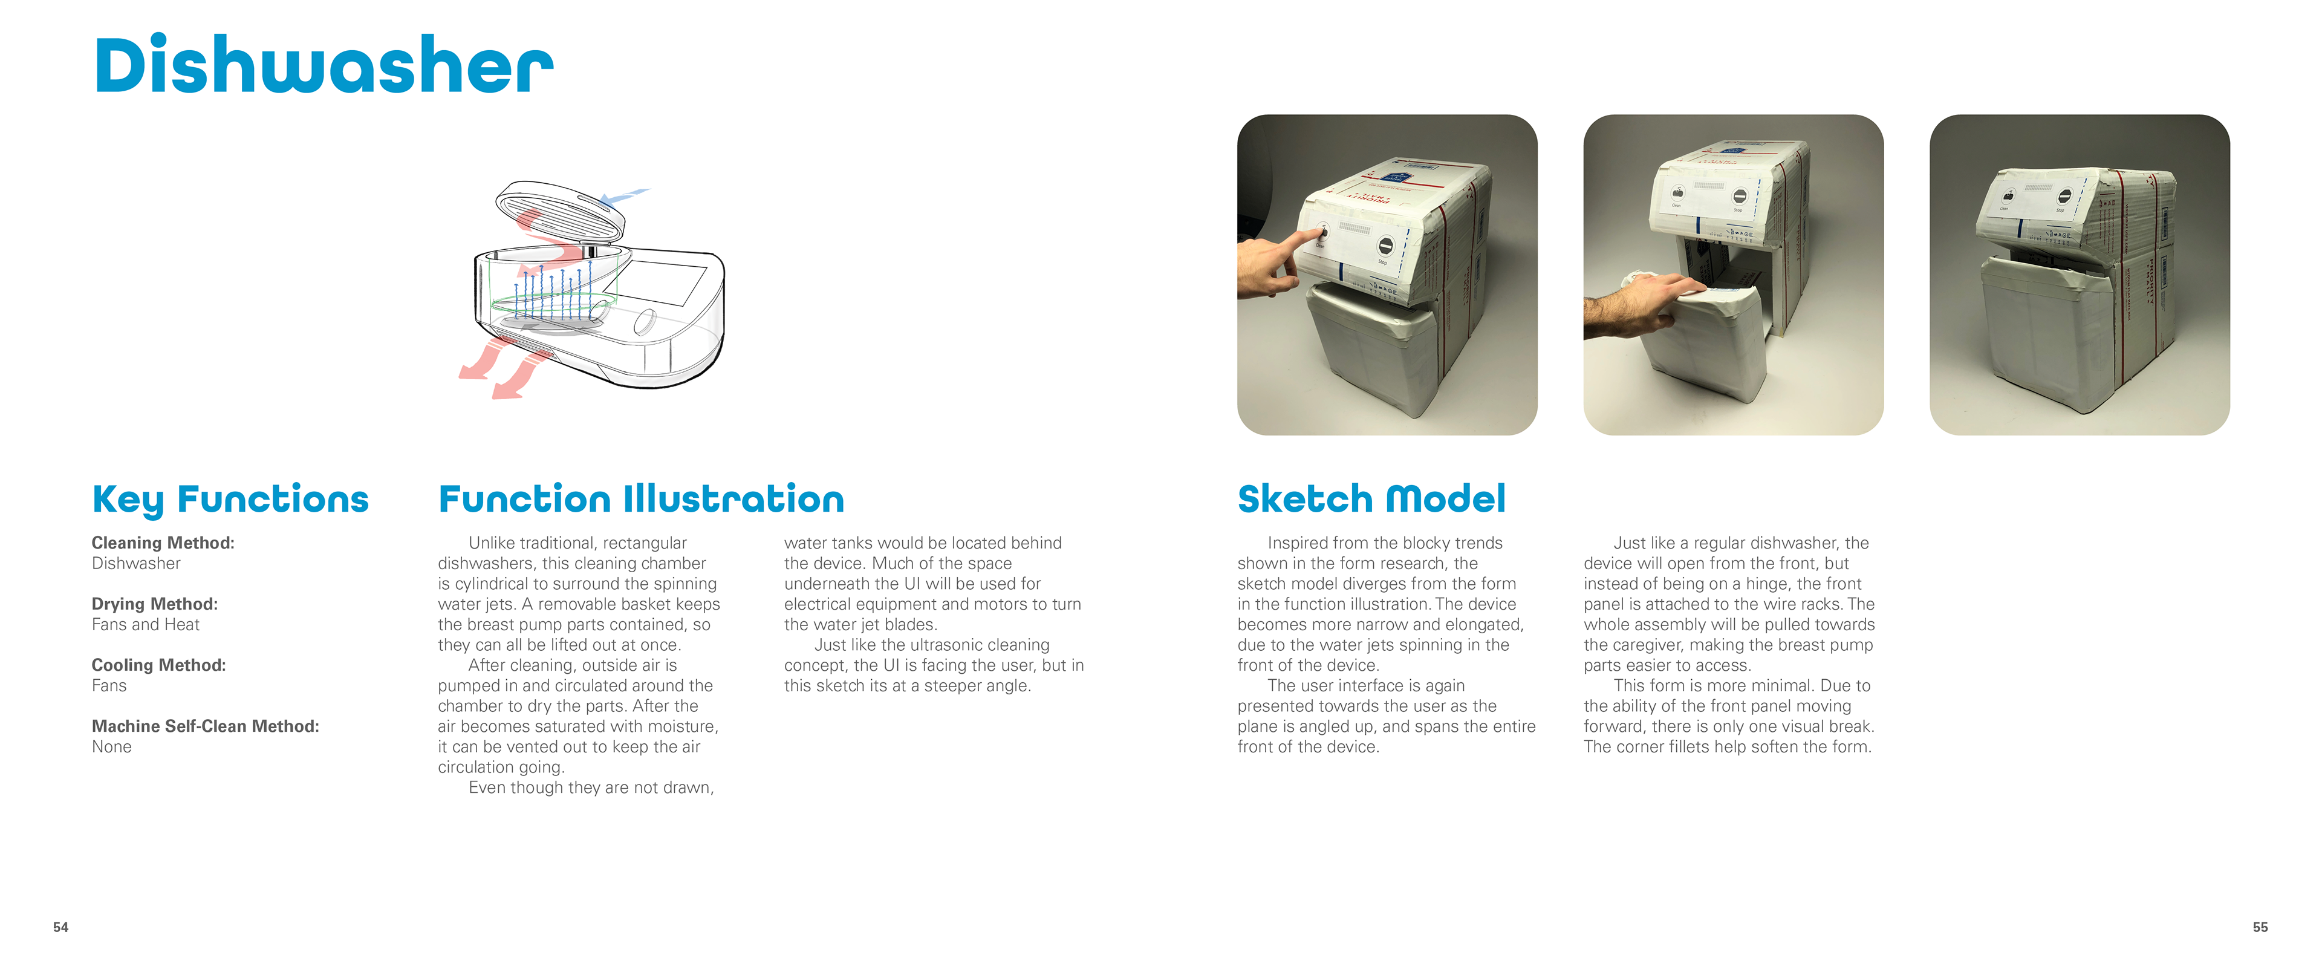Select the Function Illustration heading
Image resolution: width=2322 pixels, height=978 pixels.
(641, 498)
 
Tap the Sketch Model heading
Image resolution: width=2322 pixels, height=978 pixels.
(1371, 498)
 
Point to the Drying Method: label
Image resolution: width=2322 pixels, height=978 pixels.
(155, 604)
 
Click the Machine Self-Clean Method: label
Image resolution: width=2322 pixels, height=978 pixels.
(206, 726)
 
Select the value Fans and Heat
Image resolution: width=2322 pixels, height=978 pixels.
(145, 625)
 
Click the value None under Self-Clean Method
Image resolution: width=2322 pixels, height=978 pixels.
(112, 747)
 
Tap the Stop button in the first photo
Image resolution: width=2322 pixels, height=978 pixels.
(1385, 244)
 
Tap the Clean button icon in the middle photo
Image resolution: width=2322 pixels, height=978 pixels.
(1677, 193)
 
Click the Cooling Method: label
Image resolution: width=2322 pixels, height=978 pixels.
(158, 665)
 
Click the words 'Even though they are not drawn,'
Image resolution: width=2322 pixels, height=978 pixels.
(591, 788)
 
